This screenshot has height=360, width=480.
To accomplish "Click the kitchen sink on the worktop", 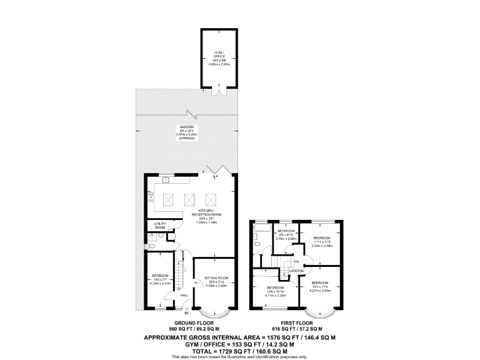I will [x=167, y=180].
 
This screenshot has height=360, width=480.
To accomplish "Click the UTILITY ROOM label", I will [x=160, y=226].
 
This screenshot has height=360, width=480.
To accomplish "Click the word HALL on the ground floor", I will [x=184, y=295].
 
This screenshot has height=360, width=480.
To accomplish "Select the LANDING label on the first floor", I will [x=287, y=270].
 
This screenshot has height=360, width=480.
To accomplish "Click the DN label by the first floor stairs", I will [x=296, y=261].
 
